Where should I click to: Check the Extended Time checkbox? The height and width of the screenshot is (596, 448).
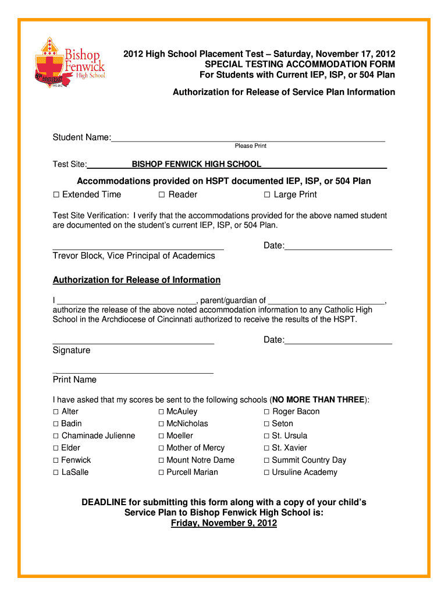(56, 194)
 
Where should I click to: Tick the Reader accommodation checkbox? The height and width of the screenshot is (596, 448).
(162, 194)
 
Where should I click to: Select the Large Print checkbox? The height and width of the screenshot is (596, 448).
(267, 194)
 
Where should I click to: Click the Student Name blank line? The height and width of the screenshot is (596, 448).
(248, 138)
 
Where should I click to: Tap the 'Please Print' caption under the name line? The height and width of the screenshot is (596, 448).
(250, 146)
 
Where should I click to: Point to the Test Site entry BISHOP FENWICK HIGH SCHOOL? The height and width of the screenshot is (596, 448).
(196, 164)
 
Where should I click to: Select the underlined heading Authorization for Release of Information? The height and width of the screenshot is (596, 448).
(137, 280)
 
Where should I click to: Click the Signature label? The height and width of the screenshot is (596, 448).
(72, 350)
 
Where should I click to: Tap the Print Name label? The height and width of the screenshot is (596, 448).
(74, 379)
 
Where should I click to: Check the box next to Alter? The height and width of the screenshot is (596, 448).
(56, 411)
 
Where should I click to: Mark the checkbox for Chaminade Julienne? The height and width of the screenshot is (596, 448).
(56, 436)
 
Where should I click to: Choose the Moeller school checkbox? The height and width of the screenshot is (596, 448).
(161, 436)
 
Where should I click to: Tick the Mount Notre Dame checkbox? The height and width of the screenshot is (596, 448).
(161, 460)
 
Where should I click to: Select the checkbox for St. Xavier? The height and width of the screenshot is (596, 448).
(267, 448)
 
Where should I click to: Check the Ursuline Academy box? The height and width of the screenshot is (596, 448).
(267, 473)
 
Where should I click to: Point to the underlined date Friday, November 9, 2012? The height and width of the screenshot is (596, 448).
(223, 523)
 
